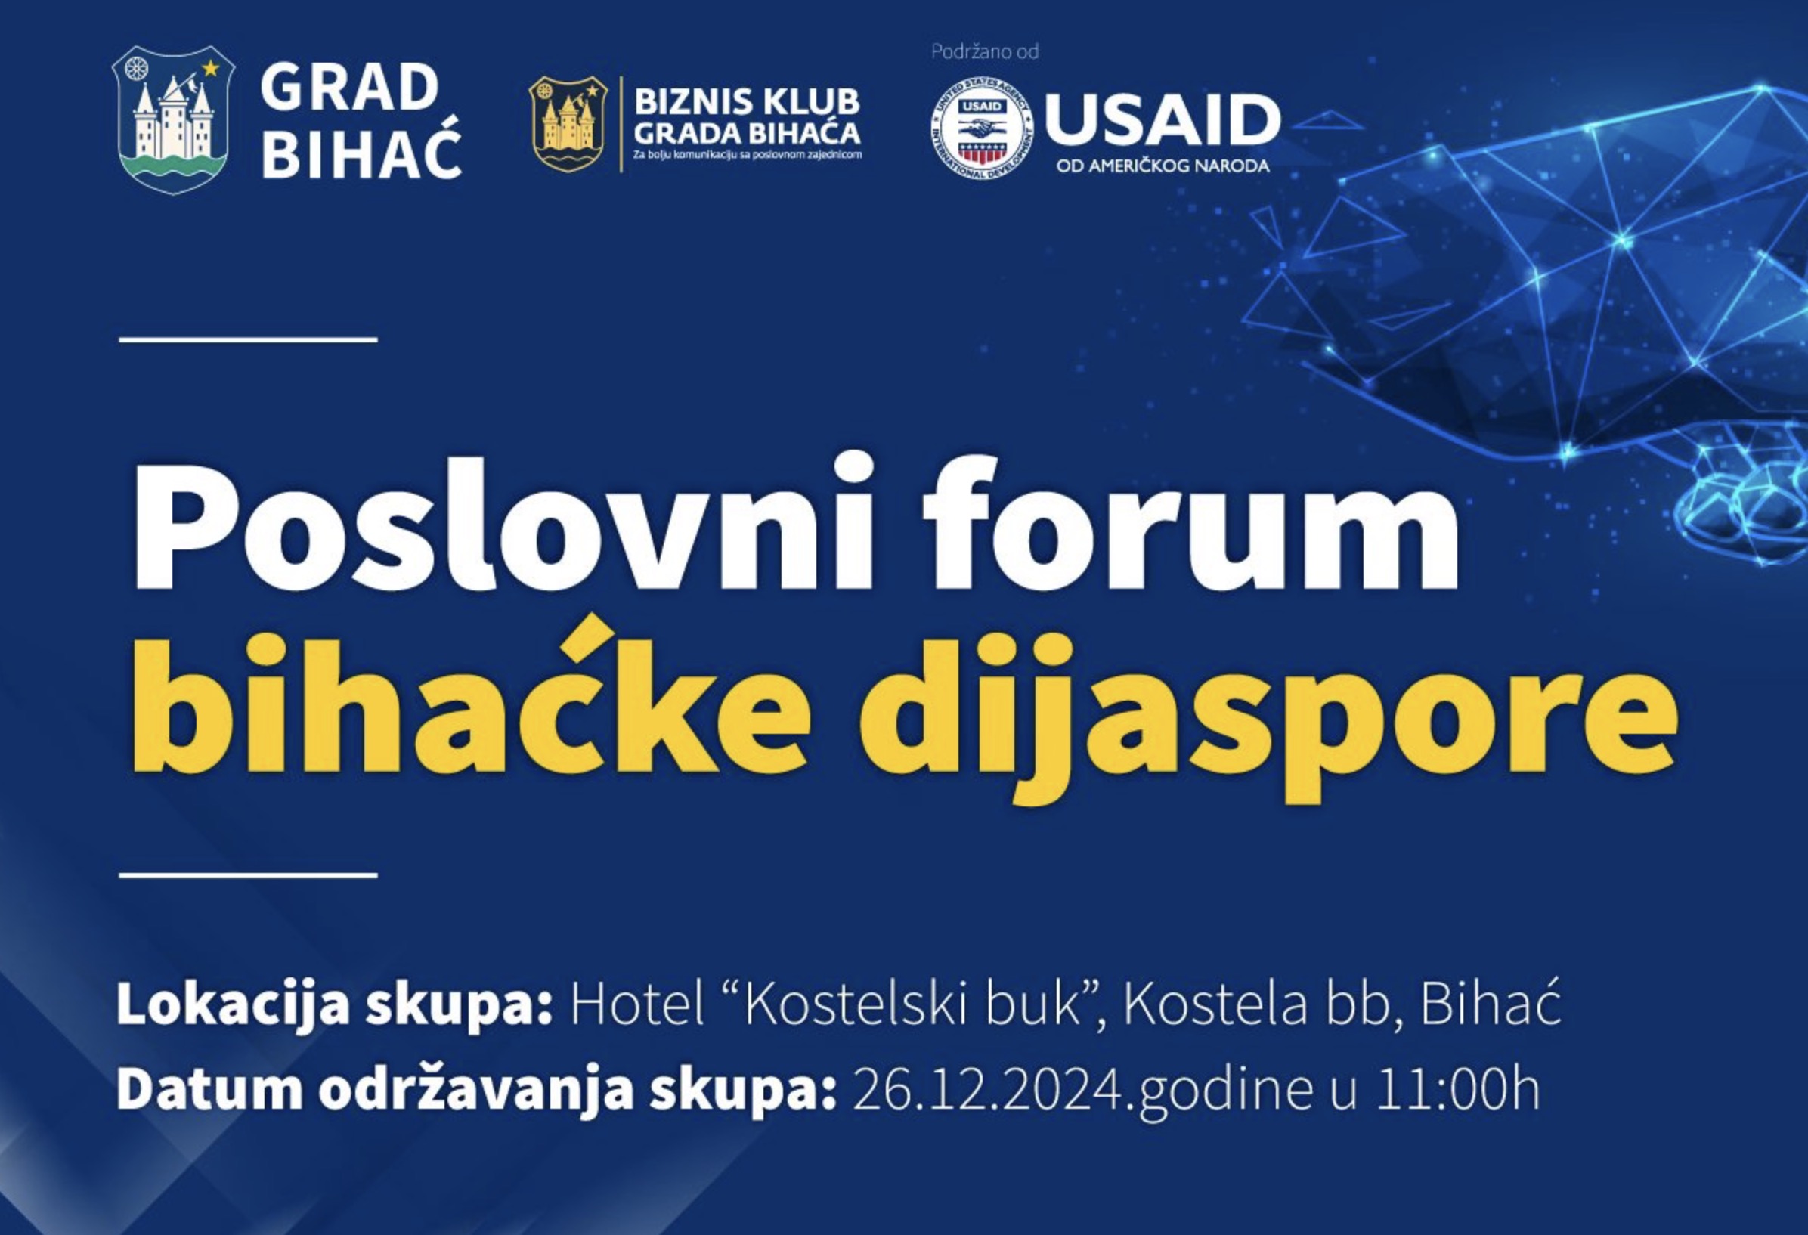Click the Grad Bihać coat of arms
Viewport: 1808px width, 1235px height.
[172, 119]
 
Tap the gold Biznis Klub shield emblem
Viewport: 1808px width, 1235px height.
[568, 124]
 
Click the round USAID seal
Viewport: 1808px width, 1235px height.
[982, 127]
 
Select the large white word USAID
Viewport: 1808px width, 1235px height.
[1163, 119]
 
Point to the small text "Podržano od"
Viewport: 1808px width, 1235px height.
[985, 51]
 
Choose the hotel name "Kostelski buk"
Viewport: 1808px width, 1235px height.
[915, 1004]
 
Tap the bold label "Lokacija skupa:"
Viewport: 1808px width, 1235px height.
[335, 1004]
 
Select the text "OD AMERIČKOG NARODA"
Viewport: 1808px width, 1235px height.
[1163, 166]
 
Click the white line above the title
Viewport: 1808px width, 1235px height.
[248, 340]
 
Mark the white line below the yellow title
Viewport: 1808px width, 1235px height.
[248, 875]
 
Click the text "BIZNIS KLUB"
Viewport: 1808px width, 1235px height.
[746, 102]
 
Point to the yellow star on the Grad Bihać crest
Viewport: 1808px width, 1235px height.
[210, 69]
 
